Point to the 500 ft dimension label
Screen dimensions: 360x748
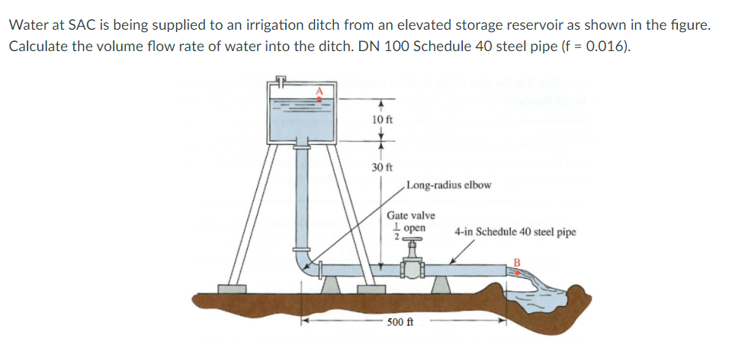point(400,323)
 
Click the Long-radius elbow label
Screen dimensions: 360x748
point(449,185)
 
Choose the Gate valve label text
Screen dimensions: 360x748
point(411,216)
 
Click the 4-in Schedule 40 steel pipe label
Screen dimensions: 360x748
point(515,231)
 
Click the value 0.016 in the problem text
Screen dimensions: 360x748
point(607,46)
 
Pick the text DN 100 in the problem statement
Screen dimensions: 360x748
point(434,46)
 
